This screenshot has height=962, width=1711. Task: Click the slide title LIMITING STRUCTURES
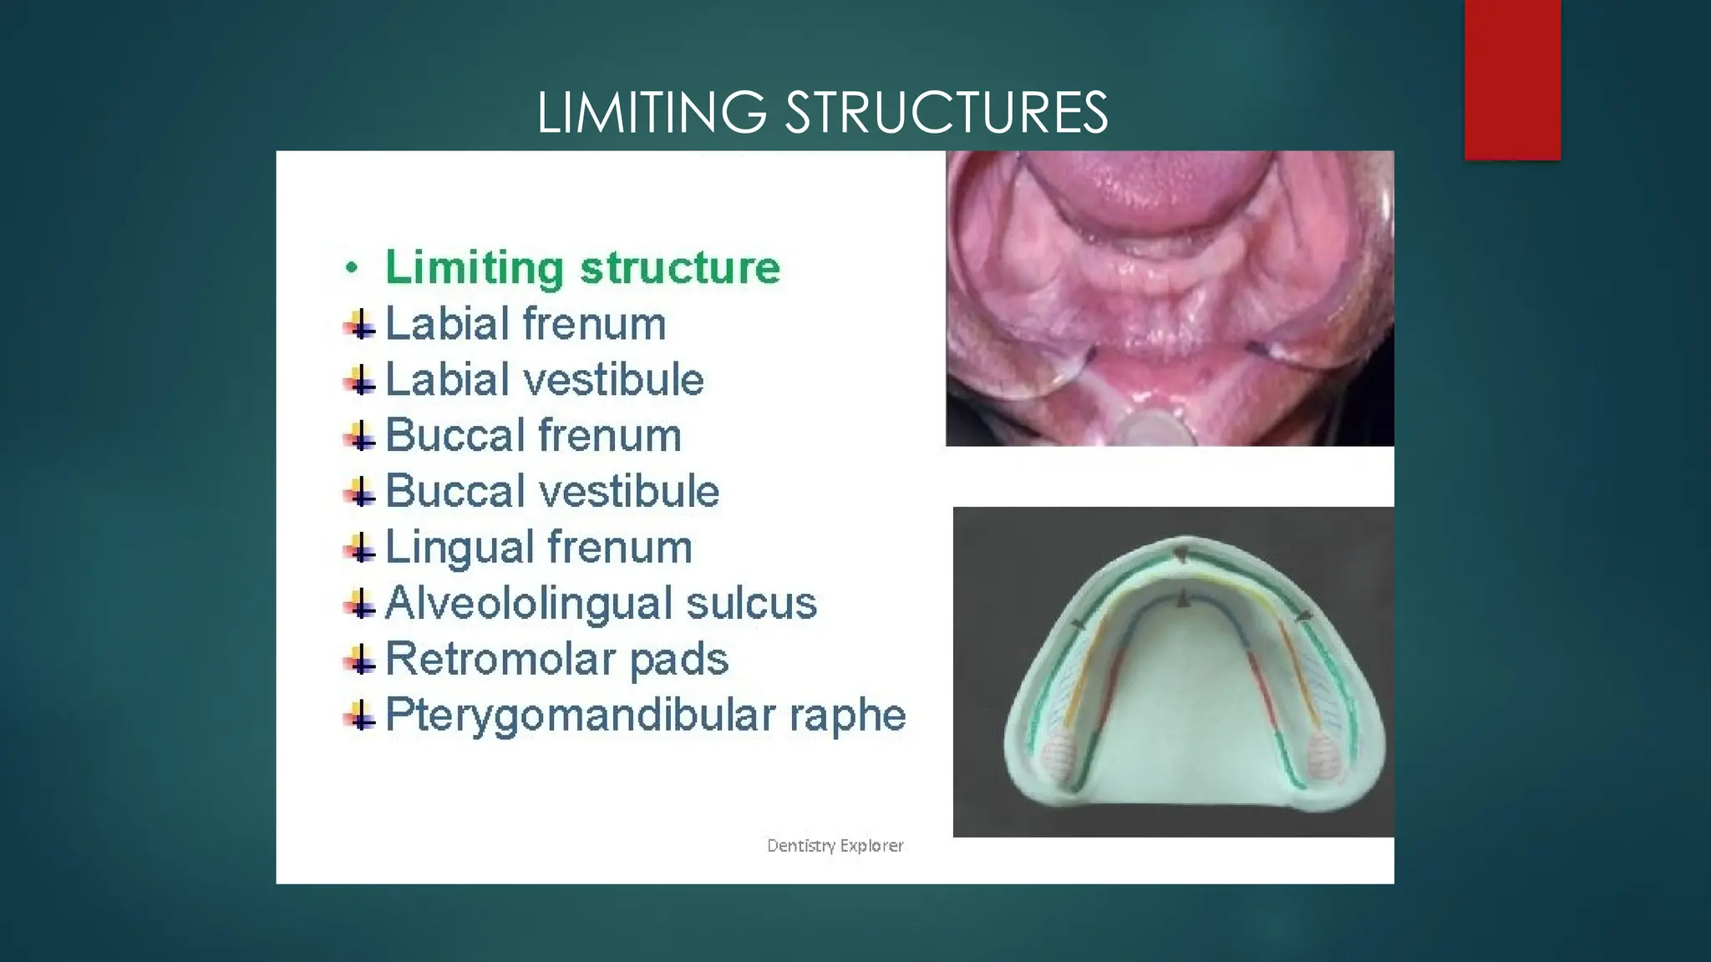pos(822,113)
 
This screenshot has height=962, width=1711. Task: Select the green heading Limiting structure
pos(582,268)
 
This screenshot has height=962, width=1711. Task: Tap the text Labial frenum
pos(525,324)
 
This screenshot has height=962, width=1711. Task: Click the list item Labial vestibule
pos(544,380)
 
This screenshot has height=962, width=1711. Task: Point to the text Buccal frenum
pos(533,436)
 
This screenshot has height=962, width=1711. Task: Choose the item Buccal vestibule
pos(551,491)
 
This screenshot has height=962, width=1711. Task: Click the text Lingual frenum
pos(538,548)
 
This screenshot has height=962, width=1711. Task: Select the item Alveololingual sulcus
pos(600,603)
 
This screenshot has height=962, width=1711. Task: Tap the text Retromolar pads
pos(556,659)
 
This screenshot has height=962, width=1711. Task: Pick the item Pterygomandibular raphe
pos(645,715)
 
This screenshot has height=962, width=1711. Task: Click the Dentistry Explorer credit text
pos(835,846)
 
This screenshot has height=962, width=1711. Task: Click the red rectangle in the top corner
pos(1512,79)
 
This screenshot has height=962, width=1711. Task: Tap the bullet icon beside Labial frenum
pos(360,325)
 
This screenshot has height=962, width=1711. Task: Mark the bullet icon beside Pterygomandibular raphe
pos(360,716)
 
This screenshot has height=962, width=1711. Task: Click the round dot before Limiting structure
pos(352,268)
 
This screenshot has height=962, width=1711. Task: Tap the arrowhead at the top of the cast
pos(1180,554)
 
